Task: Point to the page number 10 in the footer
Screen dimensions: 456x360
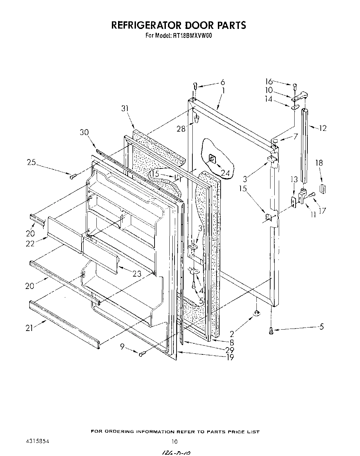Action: tap(175, 442)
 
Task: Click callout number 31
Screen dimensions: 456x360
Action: tap(125, 108)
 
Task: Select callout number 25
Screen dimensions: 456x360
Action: tap(32, 162)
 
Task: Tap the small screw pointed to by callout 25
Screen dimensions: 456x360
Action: tap(72, 177)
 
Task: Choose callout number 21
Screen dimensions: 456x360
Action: tap(29, 328)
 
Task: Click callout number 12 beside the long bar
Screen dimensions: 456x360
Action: tap(322, 128)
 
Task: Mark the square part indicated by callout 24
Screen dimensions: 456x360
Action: tap(212, 159)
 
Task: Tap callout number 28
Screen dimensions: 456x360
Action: tap(181, 129)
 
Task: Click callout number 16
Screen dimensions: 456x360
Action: tap(269, 82)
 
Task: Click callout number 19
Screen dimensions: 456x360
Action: tap(230, 357)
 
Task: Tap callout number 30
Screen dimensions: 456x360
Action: tap(84, 132)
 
